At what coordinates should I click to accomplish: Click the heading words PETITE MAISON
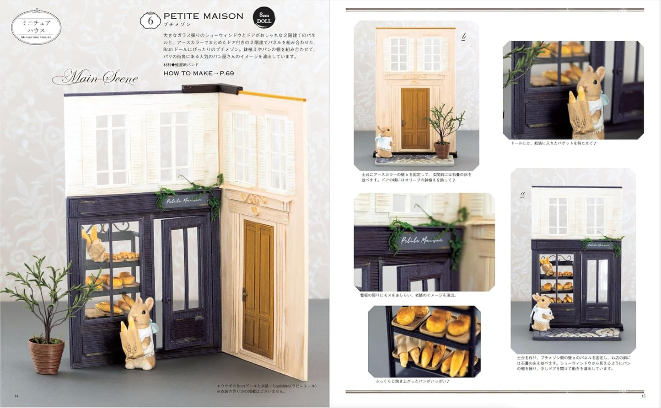point(204,16)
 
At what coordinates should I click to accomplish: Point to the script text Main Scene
point(96,78)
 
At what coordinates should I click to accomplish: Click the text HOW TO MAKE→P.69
point(199,73)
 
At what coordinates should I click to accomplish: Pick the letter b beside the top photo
point(463,37)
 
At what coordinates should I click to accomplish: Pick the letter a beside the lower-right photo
point(522,194)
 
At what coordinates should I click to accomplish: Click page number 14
point(16,396)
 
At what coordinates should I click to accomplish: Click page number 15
point(643,396)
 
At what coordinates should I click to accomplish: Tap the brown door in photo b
point(415,119)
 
